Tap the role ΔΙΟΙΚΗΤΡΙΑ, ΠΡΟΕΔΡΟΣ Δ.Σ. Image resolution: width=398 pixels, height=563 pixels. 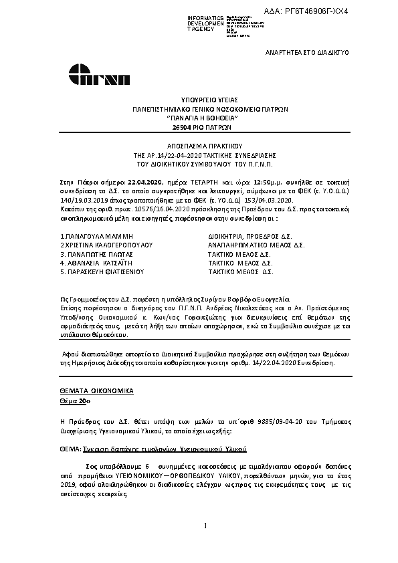click(250, 237)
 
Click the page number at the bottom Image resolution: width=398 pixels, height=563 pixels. click(206, 546)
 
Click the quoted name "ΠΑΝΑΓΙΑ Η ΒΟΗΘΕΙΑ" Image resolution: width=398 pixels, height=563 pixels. click(201, 116)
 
